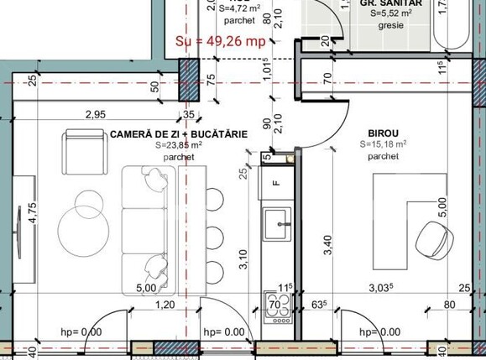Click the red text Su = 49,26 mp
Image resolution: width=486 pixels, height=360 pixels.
pyautogui.click(x=222, y=39)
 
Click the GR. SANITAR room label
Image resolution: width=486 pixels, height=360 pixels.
pyautogui.click(x=390, y=3)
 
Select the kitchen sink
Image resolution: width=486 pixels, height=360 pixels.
pyautogui.click(x=276, y=222)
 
